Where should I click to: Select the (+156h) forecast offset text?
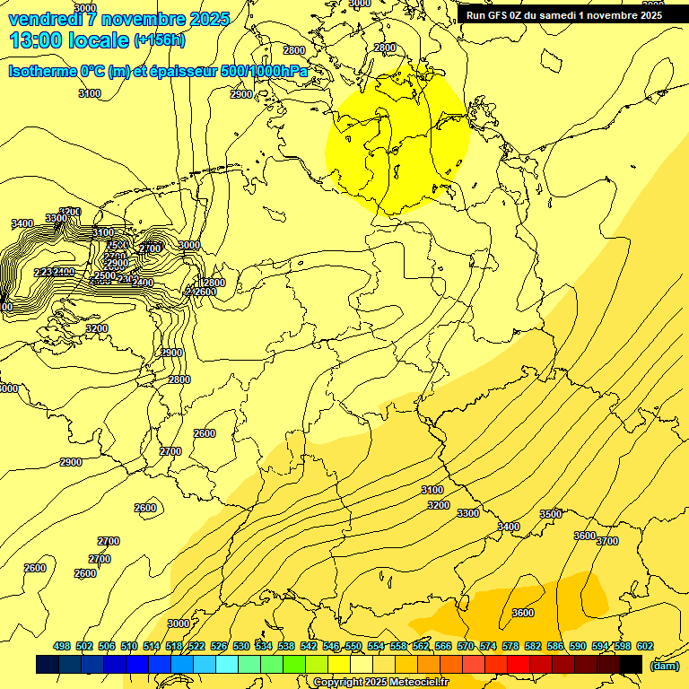159,40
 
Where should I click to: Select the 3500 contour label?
551,514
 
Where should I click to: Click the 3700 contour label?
607,541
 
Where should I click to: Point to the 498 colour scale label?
62,646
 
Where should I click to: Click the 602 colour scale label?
644,646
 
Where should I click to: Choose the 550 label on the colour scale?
353,646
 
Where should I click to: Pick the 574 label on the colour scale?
488,646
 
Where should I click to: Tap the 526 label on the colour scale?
219,646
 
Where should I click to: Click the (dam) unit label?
665,665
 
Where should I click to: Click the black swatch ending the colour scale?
631,664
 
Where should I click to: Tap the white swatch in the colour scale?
362,664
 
